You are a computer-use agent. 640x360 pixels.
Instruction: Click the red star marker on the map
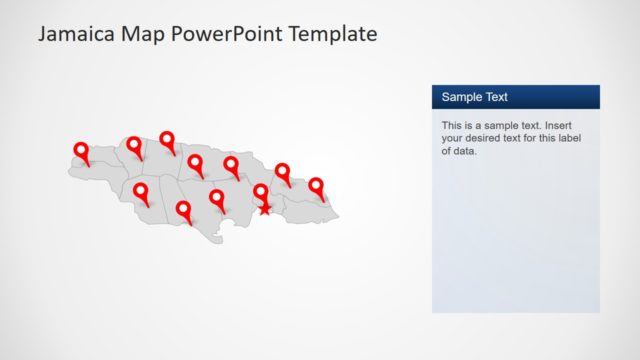(264, 209)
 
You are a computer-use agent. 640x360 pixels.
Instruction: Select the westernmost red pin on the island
(81, 151)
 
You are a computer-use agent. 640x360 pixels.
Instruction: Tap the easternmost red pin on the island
(316, 186)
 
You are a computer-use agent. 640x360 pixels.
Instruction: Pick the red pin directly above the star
(261, 191)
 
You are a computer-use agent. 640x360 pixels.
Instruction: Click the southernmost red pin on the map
(183, 210)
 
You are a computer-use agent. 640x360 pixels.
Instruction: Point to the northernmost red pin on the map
(167, 140)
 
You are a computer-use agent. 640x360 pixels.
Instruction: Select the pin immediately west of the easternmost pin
(283, 172)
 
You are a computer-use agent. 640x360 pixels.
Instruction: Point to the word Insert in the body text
(564, 126)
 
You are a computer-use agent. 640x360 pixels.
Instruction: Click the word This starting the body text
(452, 126)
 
